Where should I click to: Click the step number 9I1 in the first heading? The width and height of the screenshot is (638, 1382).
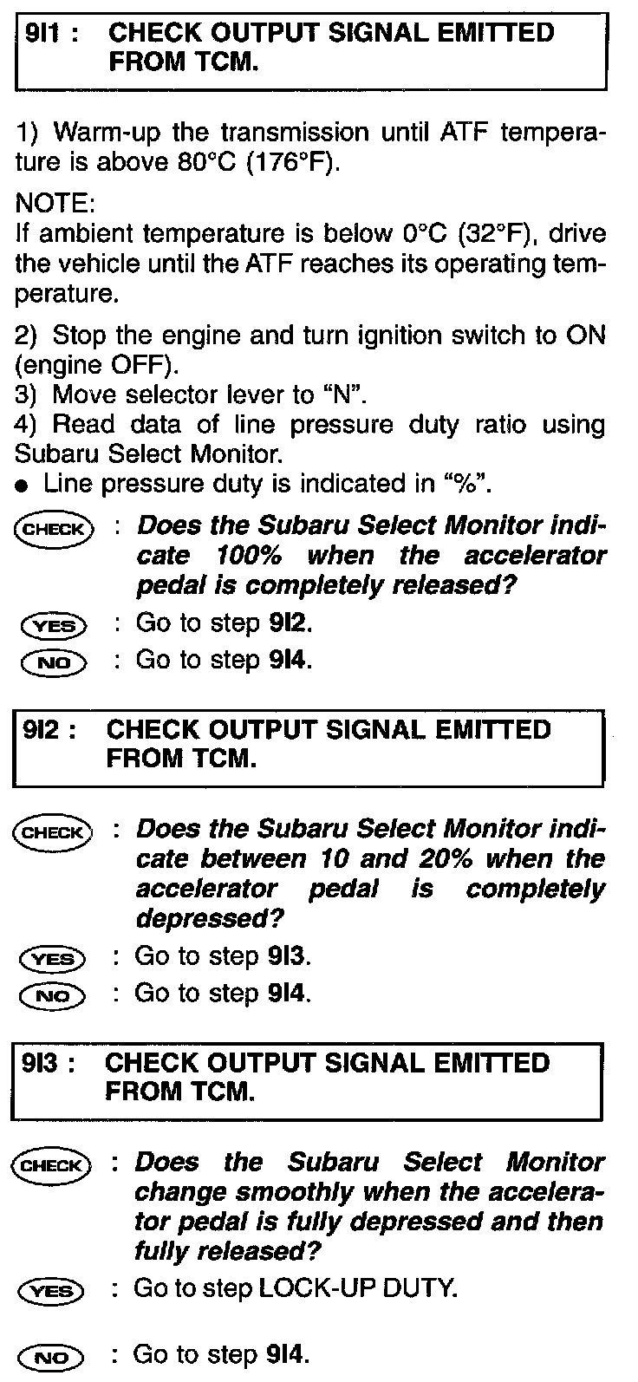coord(46,34)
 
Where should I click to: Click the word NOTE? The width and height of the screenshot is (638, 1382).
coord(54,205)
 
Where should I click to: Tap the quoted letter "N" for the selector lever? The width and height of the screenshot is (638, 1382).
coord(342,394)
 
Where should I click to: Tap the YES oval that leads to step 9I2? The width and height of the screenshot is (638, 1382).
coord(54,625)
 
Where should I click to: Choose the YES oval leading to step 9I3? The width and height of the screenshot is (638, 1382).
coord(54,959)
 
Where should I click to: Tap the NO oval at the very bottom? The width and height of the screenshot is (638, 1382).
coord(54,1357)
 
